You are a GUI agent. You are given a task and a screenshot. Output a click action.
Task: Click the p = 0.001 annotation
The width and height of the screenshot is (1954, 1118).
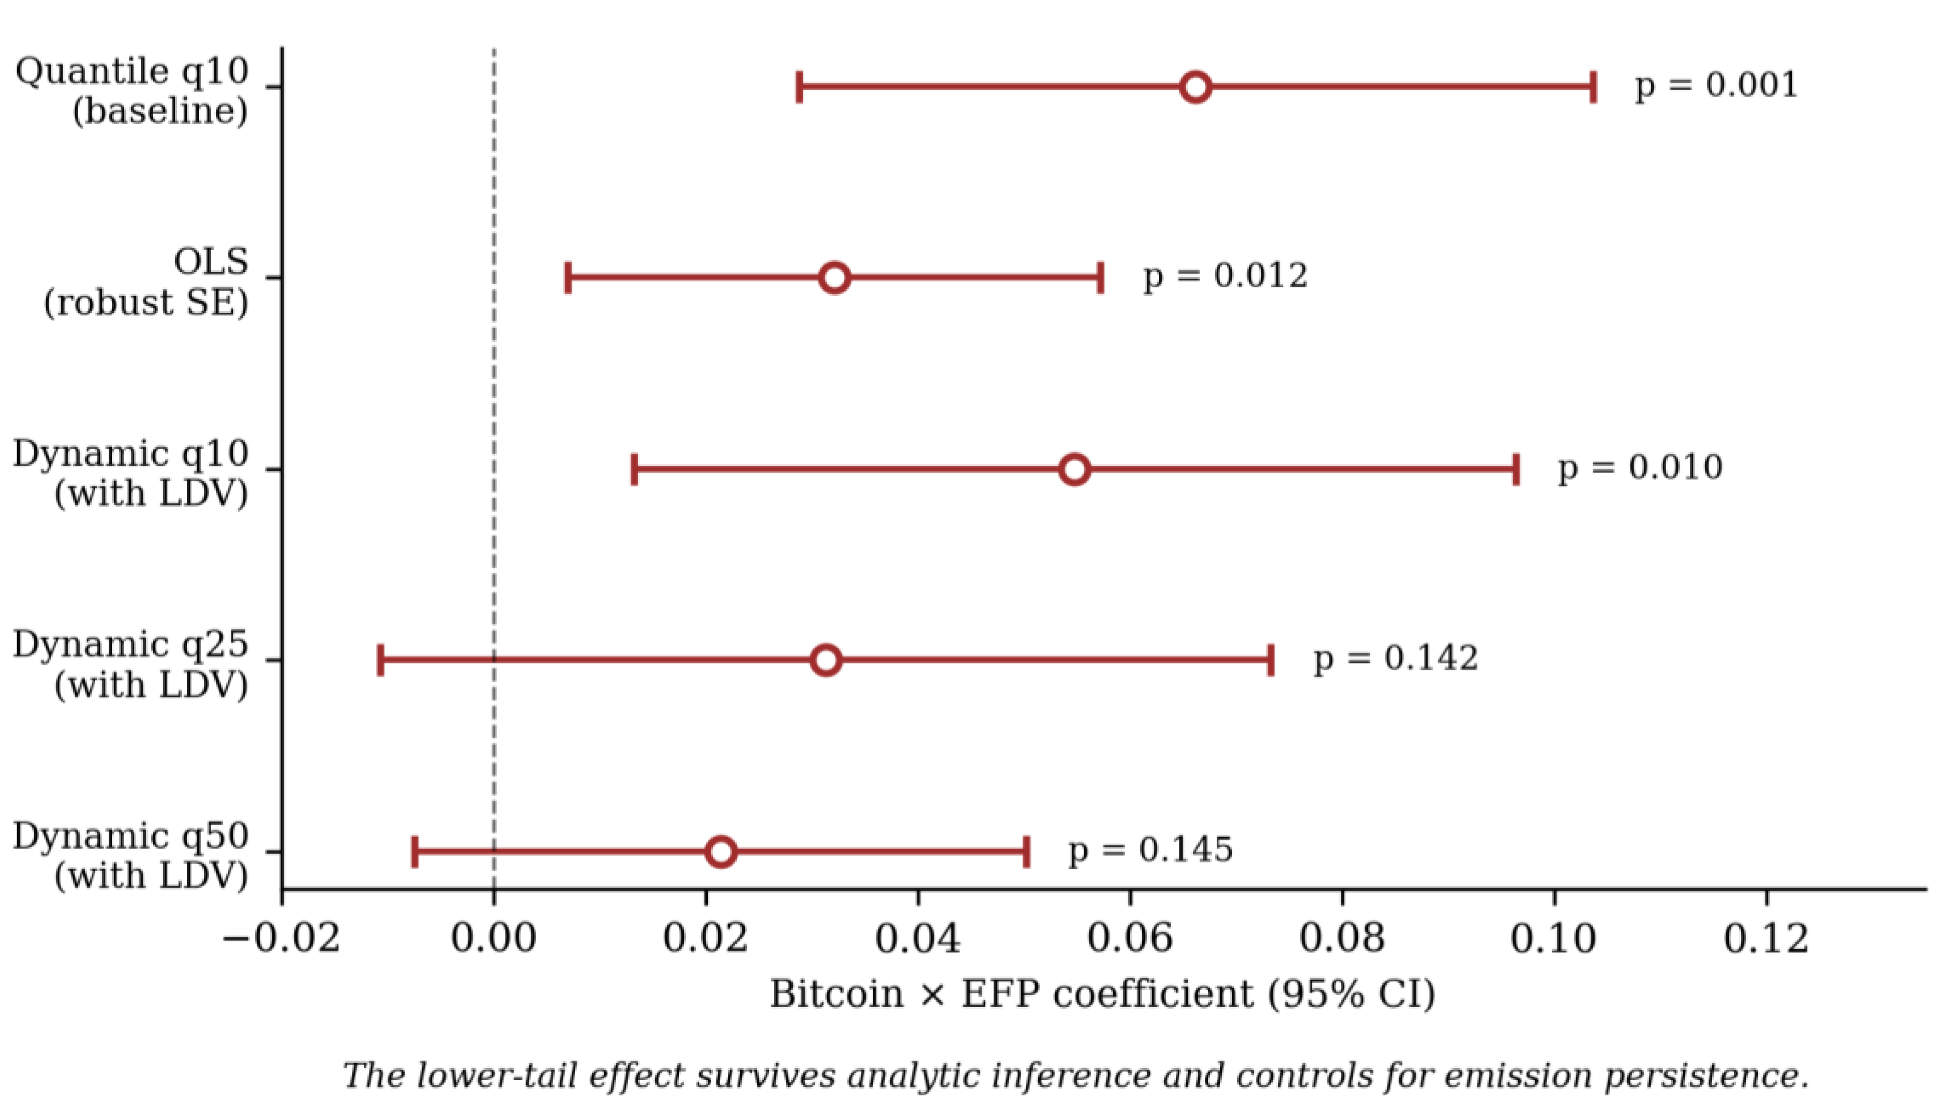(x=1717, y=85)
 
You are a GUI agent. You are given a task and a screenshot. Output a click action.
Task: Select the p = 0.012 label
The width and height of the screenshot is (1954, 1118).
(x=1225, y=277)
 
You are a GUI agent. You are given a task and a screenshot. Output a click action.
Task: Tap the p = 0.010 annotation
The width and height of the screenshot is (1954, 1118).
(x=1640, y=467)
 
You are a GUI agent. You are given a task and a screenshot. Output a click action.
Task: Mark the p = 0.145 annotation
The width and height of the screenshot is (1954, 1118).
(x=1150, y=850)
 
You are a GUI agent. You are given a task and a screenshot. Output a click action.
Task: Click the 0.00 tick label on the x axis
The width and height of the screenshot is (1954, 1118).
(x=494, y=938)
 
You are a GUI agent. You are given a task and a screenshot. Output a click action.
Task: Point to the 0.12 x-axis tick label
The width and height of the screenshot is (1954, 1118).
(x=1766, y=938)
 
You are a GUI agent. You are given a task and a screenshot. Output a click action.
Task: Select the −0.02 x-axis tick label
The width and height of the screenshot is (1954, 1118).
(x=282, y=938)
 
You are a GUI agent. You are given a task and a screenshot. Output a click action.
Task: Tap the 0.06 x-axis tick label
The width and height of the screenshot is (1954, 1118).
(x=1130, y=938)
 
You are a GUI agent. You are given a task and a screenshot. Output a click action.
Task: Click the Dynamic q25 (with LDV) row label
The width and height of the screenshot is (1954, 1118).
(x=130, y=664)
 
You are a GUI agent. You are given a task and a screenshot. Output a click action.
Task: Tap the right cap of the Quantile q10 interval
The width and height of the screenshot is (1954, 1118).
(x=1594, y=87)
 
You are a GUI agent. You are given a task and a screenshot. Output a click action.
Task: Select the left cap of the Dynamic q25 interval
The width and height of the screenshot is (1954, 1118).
(x=381, y=660)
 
